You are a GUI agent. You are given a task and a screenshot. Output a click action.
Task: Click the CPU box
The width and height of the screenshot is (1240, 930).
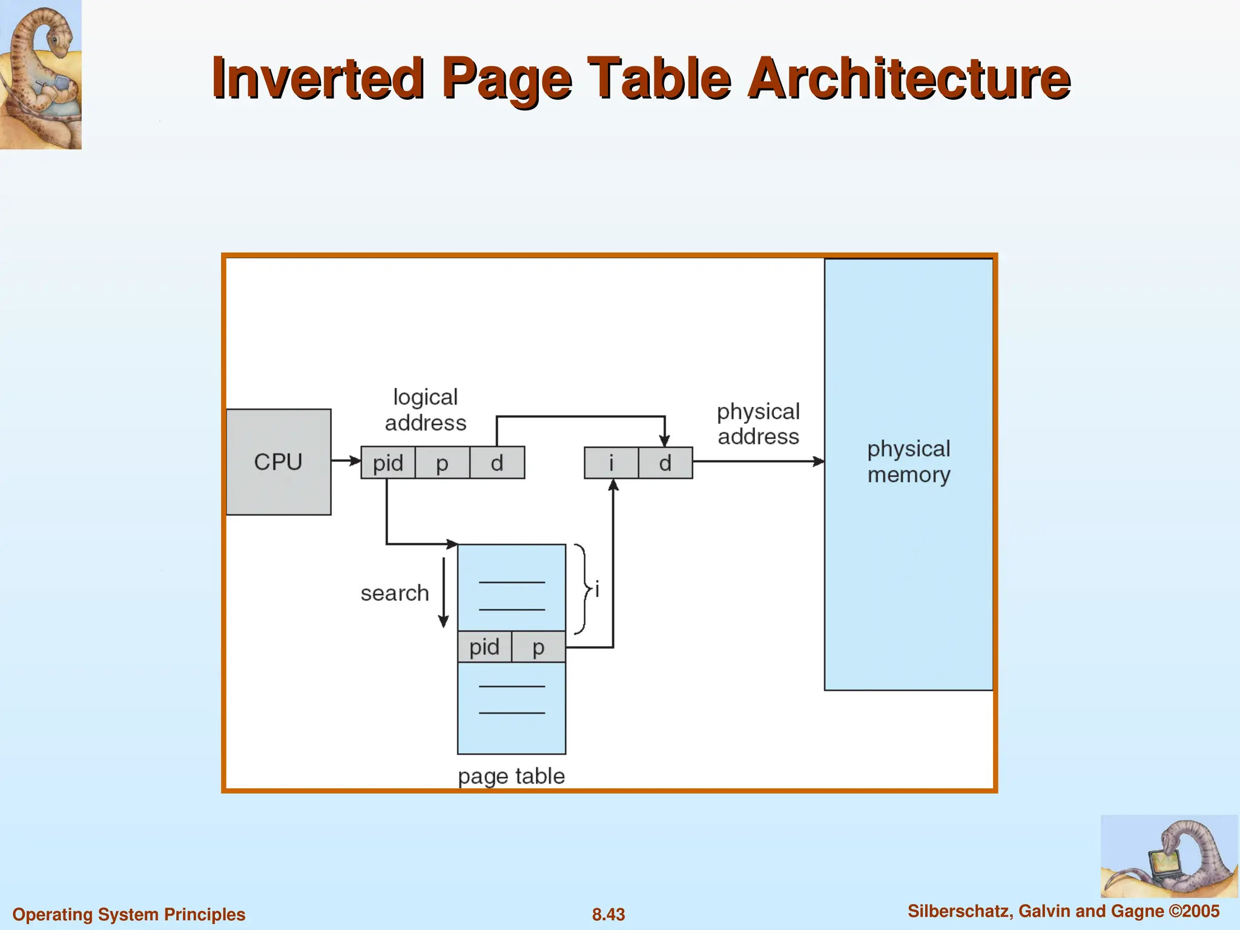[279, 462]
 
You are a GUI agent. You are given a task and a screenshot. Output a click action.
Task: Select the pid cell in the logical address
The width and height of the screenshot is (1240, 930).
[388, 463]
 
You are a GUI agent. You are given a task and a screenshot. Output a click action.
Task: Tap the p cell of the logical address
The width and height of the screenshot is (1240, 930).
[443, 463]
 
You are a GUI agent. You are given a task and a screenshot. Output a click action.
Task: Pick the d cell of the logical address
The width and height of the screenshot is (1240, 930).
[497, 463]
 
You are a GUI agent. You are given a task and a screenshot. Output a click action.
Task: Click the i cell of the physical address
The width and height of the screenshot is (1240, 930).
[612, 463]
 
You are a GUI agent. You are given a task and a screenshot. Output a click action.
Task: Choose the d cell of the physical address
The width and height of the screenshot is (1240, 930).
[665, 463]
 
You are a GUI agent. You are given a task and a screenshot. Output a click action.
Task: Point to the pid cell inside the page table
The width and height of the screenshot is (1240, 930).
[484, 647]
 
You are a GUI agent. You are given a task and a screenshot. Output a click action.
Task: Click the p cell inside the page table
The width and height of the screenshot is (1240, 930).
[538, 647]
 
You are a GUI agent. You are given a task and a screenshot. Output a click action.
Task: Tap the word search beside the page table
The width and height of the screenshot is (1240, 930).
[395, 593]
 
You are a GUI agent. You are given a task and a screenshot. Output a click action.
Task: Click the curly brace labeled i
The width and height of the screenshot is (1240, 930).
[582, 589]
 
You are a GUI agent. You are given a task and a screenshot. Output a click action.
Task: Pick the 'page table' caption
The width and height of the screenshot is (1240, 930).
[511, 776]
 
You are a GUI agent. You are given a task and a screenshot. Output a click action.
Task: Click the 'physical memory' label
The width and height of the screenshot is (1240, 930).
[909, 462]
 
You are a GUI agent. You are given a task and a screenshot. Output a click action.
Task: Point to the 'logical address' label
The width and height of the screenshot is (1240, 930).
[426, 410]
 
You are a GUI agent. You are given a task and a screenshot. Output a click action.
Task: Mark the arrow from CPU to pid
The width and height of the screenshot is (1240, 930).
[346, 461]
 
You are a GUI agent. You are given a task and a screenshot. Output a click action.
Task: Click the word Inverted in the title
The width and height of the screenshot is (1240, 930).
[318, 79]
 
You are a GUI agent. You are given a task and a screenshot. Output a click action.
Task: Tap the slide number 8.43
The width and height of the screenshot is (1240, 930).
[608, 914]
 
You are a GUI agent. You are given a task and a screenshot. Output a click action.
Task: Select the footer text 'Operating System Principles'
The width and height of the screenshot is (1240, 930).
[129, 914]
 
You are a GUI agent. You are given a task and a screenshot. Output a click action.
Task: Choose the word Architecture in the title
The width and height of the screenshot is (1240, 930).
[908, 79]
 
